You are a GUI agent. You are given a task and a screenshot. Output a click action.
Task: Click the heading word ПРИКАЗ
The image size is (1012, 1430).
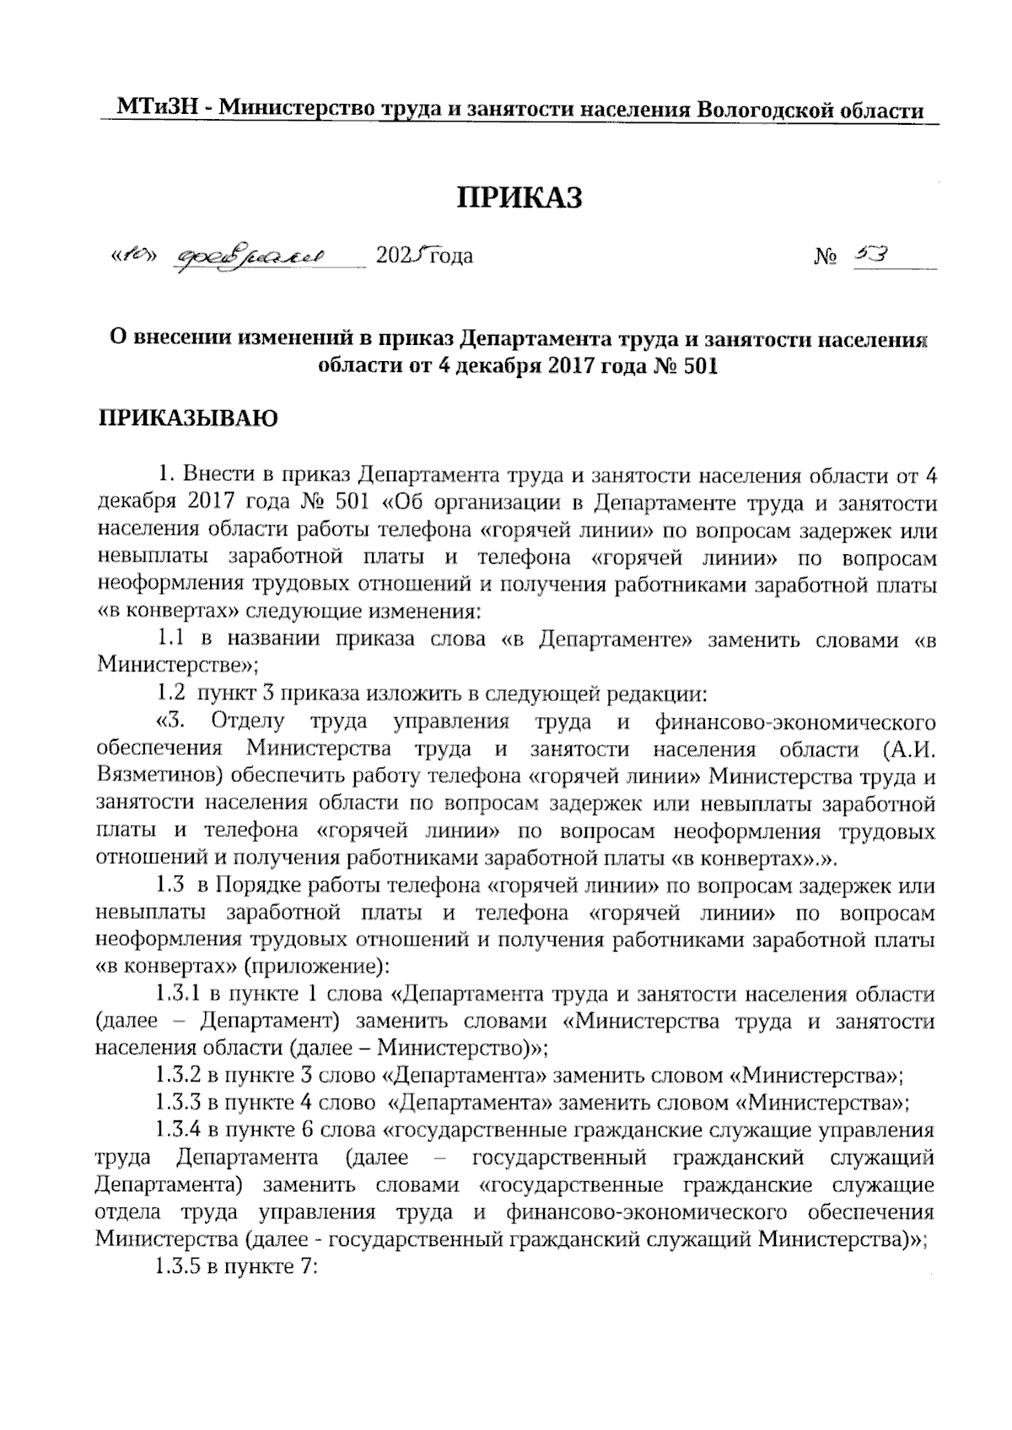(x=519, y=198)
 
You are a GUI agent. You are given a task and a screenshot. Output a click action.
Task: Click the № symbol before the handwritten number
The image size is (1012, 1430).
(x=826, y=256)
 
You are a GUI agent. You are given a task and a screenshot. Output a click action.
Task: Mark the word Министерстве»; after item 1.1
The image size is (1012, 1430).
(x=178, y=666)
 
